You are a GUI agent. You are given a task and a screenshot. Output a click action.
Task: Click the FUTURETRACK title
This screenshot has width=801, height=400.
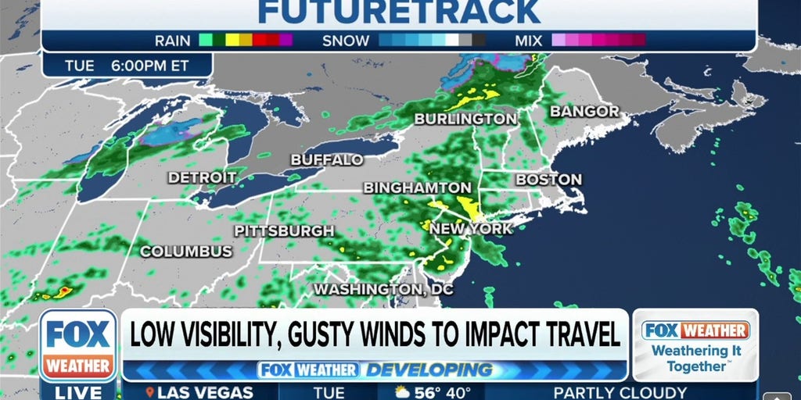point(399,12)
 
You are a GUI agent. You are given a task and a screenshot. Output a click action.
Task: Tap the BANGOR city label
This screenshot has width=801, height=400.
point(585,112)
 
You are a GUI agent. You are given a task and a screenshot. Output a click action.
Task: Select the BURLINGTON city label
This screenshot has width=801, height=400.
point(465,119)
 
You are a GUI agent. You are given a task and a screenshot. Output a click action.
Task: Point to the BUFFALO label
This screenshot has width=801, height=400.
point(327,159)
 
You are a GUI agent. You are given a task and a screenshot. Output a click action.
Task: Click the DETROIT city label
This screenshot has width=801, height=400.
point(202,178)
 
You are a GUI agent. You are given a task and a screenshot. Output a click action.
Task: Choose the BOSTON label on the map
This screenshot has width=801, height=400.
point(548,179)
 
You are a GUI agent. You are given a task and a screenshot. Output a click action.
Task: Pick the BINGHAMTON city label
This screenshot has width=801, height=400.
point(417,188)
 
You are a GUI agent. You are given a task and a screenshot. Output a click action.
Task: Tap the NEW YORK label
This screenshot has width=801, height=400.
point(471,229)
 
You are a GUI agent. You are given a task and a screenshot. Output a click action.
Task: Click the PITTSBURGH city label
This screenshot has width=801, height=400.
point(284,231)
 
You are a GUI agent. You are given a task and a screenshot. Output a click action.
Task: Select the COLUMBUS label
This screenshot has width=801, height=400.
point(186,252)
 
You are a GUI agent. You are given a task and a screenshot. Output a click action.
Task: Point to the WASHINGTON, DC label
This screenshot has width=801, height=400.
point(383,289)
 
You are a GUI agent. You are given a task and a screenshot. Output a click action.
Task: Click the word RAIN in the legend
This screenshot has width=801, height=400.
point(172,41)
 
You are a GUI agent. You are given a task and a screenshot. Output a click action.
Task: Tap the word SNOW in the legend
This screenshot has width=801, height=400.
point(345,41)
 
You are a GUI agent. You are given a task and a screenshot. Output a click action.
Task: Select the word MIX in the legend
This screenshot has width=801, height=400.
point(529,41)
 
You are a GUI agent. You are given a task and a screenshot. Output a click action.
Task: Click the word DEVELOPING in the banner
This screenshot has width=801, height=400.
point(431,370)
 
